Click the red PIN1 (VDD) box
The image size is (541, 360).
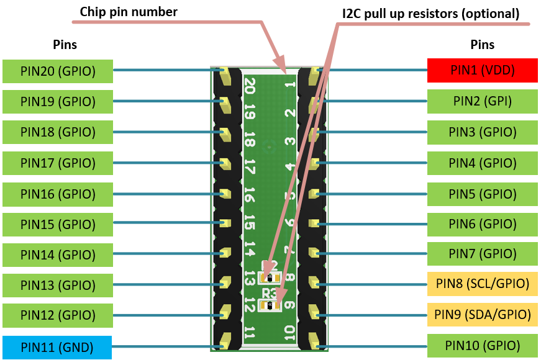click(x=482, y=70)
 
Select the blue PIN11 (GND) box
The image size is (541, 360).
click(x=57, y=346)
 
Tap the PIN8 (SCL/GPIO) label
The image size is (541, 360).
click(x=482, y=284)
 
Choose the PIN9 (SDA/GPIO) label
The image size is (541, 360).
click(x=482, y=314)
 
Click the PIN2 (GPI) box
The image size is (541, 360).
click(x=482, y=101)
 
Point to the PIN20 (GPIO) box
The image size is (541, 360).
click(x=57, y=71)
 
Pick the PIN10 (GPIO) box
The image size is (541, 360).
click(x=482, y=345)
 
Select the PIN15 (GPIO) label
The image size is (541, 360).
click(x=57, y=224)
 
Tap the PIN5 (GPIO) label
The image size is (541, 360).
click(x=482, y=193)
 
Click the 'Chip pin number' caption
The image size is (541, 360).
click(x=129, y=12)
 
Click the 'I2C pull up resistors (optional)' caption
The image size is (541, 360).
click(x=430, y=13)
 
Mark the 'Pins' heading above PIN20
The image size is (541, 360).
click(x=65, y=45)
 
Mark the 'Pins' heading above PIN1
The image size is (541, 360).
click(x=482, y=45)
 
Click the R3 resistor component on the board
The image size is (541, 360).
click(x=270, y=305)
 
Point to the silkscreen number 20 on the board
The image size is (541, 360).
click(x=250, y=85)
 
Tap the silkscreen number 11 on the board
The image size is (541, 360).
click(x=250, y=333)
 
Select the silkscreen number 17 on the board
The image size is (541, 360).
click(x=250, y=167)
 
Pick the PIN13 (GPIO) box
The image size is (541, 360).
click(x=57, y=285)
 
